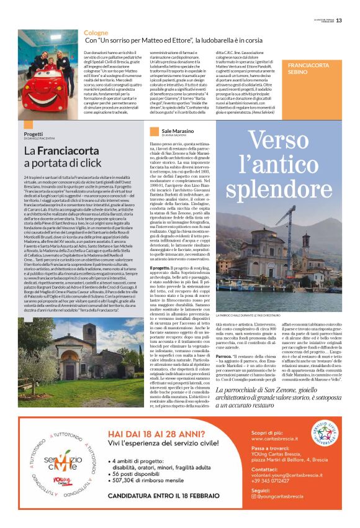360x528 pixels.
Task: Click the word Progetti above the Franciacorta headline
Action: point(34,134)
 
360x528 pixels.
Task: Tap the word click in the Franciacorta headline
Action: point(85,163)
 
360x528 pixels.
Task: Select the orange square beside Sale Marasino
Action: point(155,131)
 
